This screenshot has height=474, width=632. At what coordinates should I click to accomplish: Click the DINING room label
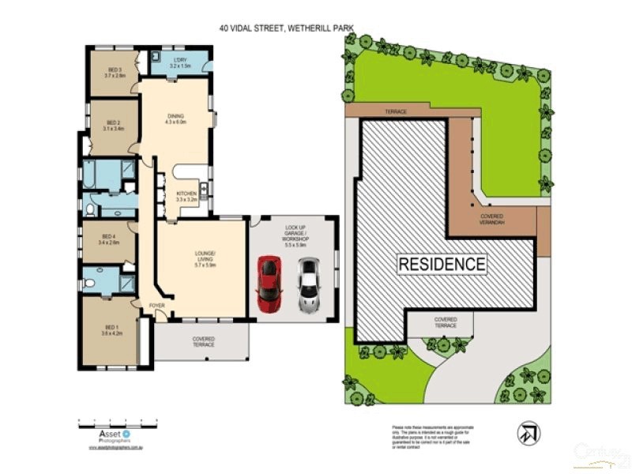(x=175, y=119)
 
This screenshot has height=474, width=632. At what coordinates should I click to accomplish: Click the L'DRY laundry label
(x=181, y=63)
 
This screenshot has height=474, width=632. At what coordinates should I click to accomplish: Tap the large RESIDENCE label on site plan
(x=441, y=263)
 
